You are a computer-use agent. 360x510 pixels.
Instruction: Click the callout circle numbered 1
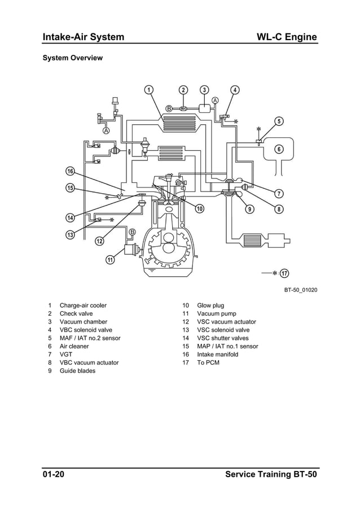click(148, 90)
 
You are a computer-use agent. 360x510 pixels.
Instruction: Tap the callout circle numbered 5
click(279, 121)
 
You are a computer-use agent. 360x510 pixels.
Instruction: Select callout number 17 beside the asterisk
click(285, 273)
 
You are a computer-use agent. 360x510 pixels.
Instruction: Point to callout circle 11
click(110, 260)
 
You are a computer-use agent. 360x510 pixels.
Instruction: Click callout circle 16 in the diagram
click(71, 171)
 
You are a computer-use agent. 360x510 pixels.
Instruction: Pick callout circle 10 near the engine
click(199, 209)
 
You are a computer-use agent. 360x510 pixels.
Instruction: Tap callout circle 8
click(279, 209)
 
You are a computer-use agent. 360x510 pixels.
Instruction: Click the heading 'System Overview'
click(73, 58)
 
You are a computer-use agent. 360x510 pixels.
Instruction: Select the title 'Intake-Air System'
click(84, 37)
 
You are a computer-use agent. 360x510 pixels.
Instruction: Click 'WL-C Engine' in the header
click(287, 37)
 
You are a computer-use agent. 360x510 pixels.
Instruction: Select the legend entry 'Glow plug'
click(210, 306)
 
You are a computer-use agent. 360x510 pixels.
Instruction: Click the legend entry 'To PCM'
click(208, 363)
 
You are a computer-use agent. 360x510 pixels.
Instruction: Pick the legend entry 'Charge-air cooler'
click(83, 306)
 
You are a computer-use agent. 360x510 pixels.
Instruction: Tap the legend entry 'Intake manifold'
click(218, 354)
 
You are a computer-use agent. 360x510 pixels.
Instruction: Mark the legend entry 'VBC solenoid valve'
click(86, 330)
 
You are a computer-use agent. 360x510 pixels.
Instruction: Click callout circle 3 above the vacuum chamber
click(204, 90)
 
